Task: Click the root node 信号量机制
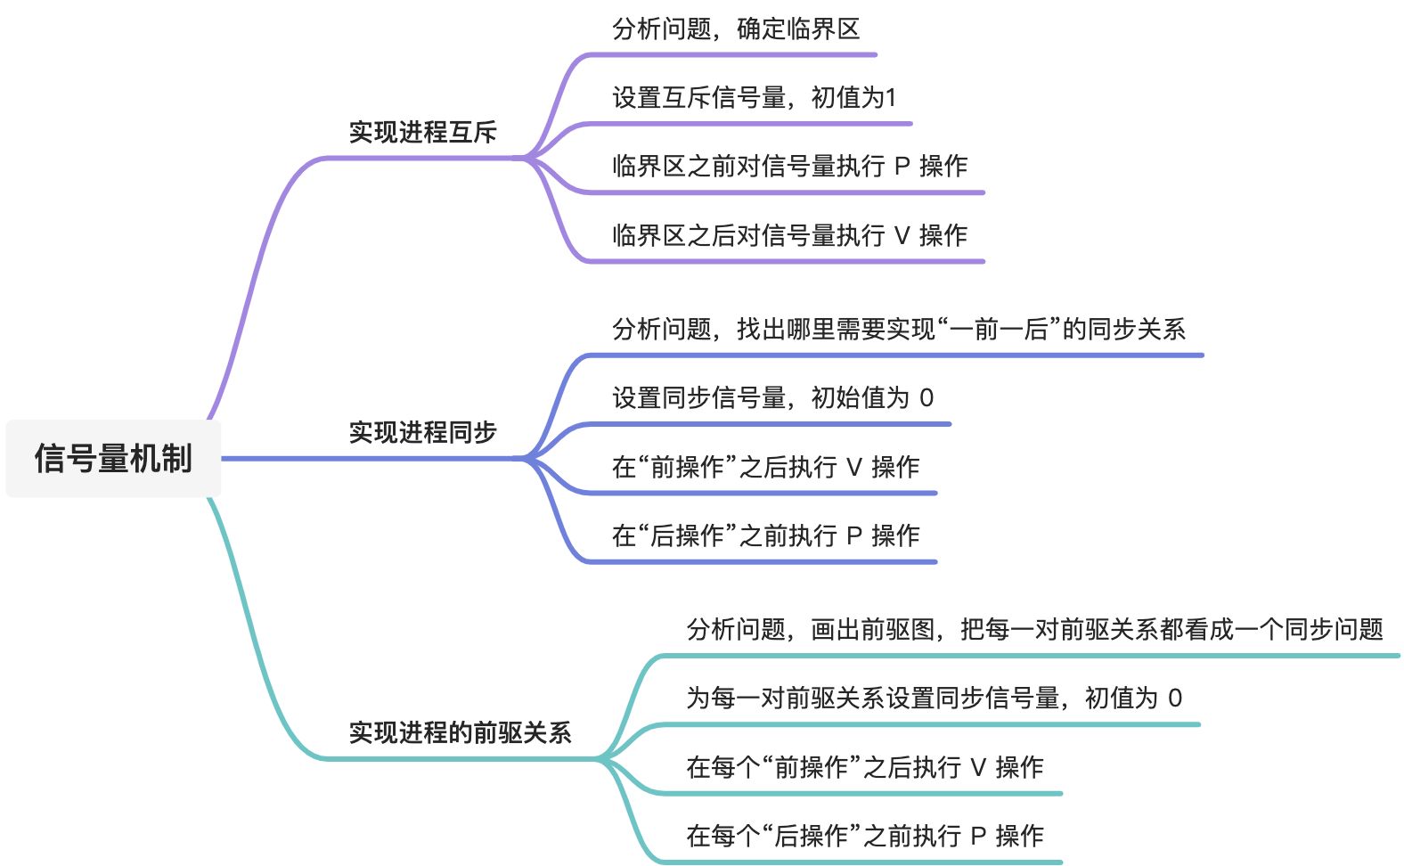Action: [113, 459]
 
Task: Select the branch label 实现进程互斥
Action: [422, 133]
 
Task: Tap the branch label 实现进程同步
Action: [422, 433]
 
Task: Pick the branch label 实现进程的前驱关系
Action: [460, 733]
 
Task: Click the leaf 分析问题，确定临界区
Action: [736, 29]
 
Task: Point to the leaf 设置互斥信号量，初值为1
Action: [754, 98]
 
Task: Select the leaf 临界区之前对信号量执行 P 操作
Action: [789, 167]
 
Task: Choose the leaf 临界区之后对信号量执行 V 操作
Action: [789, 236]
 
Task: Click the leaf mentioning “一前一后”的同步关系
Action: [898, 330]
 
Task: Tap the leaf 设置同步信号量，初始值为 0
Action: [772, 398]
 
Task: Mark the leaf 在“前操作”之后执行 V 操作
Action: [765, 467]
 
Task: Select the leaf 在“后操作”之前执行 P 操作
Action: [765, 535]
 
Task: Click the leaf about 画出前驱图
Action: [1034, 630]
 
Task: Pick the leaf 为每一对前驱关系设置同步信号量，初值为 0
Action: [934, 699]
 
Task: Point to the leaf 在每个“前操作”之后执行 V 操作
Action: [864, 767]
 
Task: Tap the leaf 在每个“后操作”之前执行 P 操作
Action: [864, 836]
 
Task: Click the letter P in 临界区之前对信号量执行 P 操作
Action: [902, 167]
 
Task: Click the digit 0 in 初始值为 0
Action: [926, 398]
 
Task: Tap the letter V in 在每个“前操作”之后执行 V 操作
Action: [977, 767]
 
